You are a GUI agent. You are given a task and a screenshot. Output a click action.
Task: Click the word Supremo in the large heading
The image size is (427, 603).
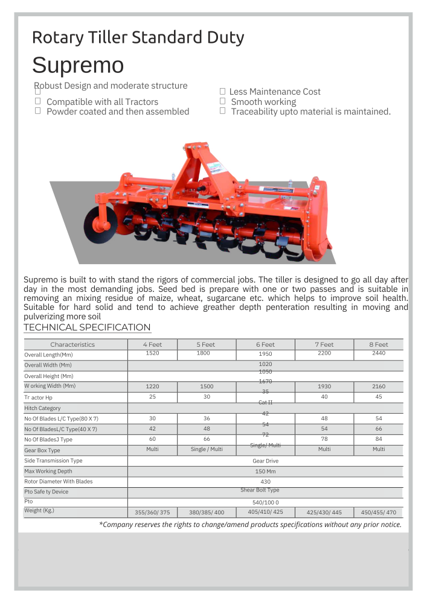[78, 65]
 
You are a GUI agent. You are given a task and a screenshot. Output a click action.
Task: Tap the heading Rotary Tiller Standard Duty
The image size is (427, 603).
[138, 37]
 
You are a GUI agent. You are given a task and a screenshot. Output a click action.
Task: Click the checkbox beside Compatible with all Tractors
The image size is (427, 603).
[37, 101]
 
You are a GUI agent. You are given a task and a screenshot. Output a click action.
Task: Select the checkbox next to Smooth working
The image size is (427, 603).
[222, 101]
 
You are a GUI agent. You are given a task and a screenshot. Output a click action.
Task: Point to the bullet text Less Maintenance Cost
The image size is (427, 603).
[275, 92]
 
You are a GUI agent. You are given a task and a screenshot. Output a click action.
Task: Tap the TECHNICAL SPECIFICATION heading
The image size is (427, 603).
[87, 327]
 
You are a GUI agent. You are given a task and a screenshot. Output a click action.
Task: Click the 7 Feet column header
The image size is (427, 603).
[324, 344]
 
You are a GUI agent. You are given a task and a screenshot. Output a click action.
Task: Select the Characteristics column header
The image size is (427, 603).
[72, 344]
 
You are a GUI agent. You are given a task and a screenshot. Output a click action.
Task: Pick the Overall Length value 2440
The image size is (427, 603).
[379, 353]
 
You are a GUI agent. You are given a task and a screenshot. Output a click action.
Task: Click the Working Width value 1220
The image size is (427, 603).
[153, 387]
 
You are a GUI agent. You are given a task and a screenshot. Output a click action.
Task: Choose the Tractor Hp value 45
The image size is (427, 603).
[379, 397]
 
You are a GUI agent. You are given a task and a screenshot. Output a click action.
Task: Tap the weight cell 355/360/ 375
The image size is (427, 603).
[153, 513]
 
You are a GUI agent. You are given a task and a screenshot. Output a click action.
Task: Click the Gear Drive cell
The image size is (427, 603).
[265, 461]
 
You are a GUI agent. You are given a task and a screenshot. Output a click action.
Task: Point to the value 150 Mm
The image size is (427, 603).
[265, 472]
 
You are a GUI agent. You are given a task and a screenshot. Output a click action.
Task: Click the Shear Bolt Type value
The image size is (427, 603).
[260, 490]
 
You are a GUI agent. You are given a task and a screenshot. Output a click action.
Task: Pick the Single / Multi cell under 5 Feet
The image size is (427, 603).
[207, 450]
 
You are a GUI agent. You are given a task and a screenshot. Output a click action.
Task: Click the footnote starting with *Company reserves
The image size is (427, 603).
[250, 525]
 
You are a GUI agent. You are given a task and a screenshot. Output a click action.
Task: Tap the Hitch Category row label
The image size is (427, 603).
[42, 408]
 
